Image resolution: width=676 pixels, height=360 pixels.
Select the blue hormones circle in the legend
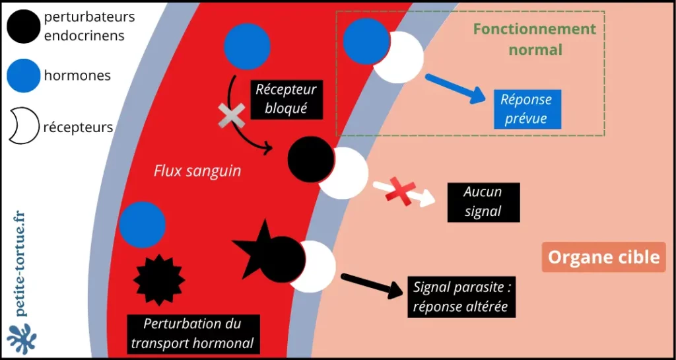[x=24, y=75]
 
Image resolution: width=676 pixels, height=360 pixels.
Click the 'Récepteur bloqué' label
[x=286, y=98]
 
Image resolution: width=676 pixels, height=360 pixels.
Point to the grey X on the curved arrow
[x=232, y=116]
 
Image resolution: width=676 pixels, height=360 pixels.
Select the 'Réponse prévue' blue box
[x=525, y=109]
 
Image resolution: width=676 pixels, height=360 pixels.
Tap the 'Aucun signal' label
[x=483, y=201]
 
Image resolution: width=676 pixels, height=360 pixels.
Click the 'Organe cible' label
[x=604, y=257]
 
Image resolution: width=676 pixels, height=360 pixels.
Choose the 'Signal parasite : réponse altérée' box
[x=462, y=297]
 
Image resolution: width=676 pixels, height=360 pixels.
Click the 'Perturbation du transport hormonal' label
[x=192, y=334]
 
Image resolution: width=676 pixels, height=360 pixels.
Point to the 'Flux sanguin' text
[x=197, y=171]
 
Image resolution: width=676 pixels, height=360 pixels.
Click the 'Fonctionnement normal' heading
[x=534, y=39]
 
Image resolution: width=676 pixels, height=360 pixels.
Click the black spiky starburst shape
[x=158, y=279]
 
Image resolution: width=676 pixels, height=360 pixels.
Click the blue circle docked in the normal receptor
[x=364, y=41]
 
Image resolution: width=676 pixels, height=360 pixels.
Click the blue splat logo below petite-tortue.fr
[x=22, y=338]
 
